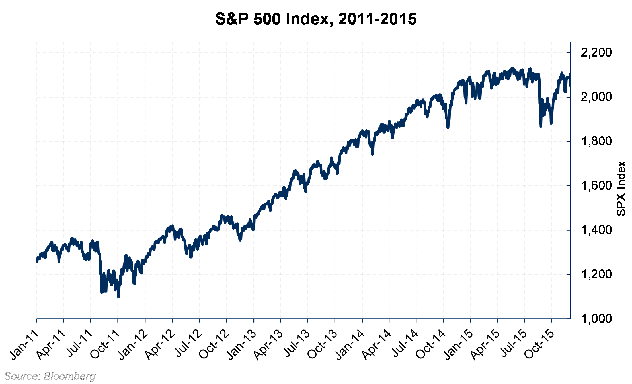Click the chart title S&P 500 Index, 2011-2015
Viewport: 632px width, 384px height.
tap(316, 19)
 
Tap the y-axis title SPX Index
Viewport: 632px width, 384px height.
tap(621, 189)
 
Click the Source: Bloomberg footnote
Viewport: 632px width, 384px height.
tap(50, 376)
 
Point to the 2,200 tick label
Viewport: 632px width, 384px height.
tap(596, 53)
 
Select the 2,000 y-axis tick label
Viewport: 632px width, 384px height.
tap(596, 97)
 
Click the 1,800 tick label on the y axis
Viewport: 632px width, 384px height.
tap(596, 141)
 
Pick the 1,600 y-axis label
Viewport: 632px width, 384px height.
tap(596, 186)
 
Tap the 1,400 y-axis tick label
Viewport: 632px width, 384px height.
tap(596, 230)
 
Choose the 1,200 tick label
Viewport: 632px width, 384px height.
tap(596, 274)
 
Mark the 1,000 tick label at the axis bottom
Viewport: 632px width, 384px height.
tap(596, 319)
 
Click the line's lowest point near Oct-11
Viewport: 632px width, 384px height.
tap(118, 297)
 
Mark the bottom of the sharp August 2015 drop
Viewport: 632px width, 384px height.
tap(541, 126)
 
